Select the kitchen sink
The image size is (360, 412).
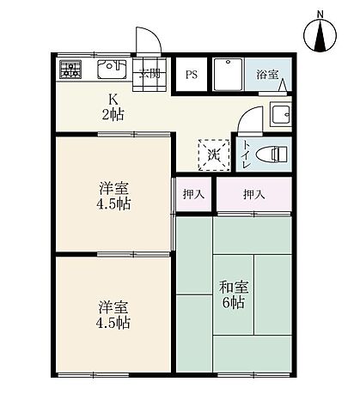(111, 69)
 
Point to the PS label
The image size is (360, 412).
(191, 74)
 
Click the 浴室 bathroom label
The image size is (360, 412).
(267, 75)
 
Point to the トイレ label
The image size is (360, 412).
(247, 153)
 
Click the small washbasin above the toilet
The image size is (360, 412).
(280, 113)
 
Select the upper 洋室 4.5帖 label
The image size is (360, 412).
(113, 196)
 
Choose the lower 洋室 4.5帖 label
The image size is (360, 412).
(113, 314)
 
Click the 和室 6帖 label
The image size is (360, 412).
(232, 294)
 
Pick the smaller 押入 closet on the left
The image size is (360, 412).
(194, 195)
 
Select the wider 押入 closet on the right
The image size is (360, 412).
(253, 195)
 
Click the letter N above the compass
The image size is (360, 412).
(320, 13)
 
